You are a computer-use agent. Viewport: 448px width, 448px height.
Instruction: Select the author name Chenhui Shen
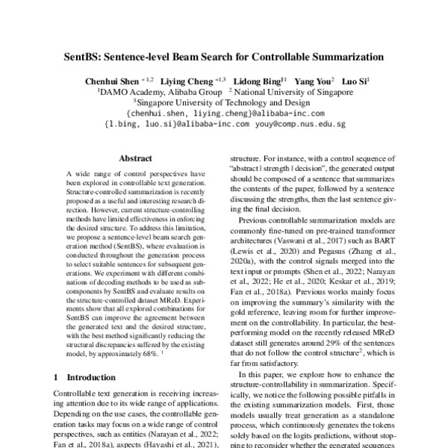[x=111, y=81]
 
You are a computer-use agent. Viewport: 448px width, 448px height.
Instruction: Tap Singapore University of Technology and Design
[x=226, y=103]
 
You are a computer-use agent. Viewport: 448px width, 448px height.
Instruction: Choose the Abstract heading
[x=135, y=158]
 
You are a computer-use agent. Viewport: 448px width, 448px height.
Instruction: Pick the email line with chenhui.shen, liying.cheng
[x=226, y=113]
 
